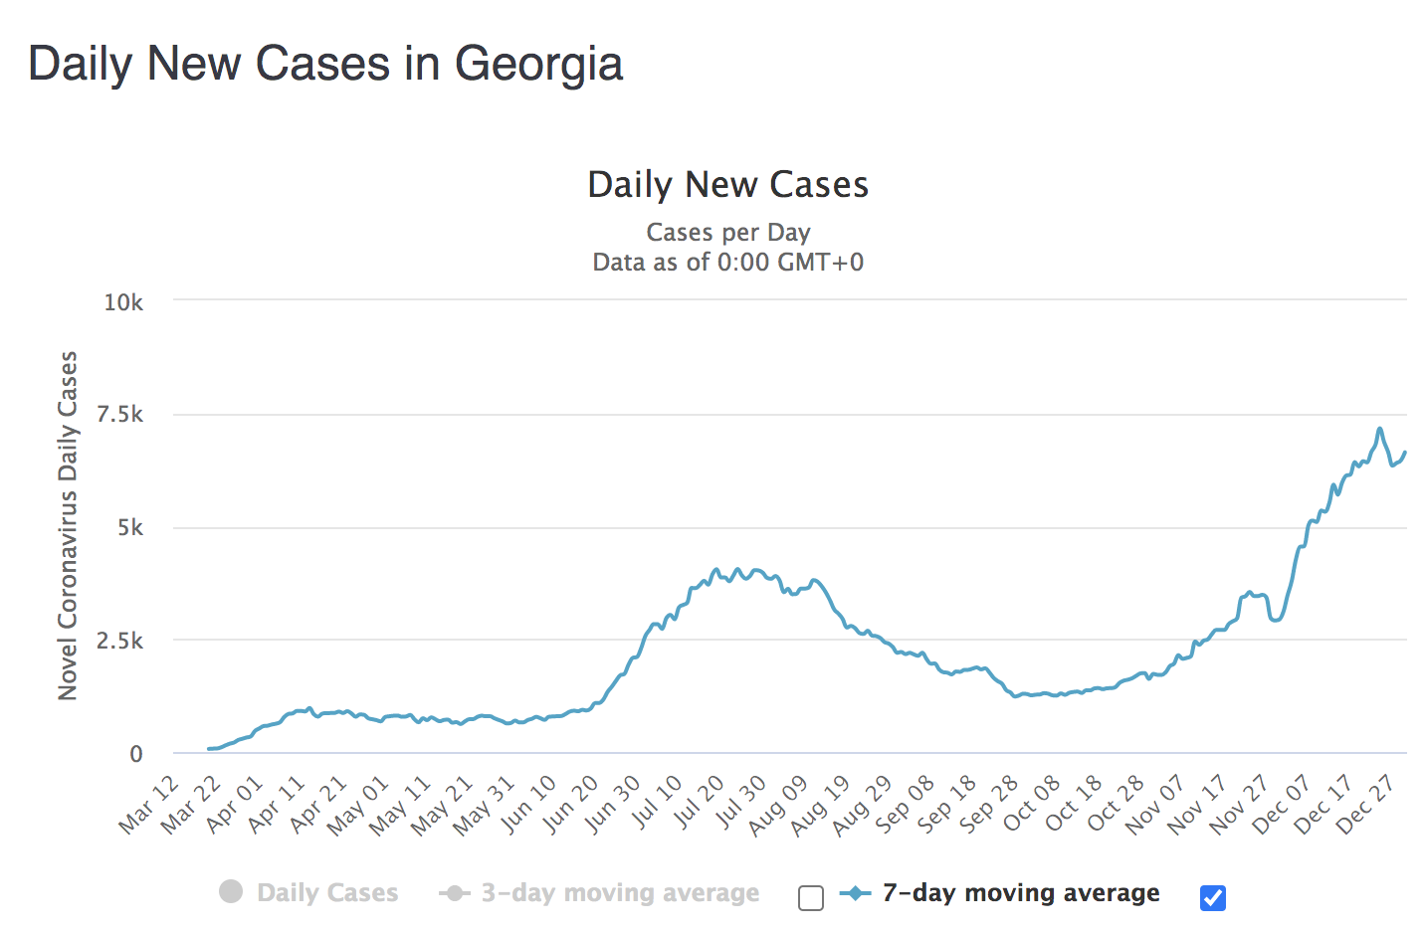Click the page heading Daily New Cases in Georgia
click(325, 65)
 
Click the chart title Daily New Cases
click(727, 185)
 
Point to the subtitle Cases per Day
click(727, 232)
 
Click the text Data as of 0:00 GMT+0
click(727, 263)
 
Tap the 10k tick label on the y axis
click(123, 302)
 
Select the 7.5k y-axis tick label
click(119, 415)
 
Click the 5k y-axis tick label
click(130, 528)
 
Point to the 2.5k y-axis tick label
click(119, 642)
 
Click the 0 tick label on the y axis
click(136, 754)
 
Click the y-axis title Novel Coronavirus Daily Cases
click(68, 525)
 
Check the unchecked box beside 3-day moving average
click(811, 899)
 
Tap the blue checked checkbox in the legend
click(1213, 898)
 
